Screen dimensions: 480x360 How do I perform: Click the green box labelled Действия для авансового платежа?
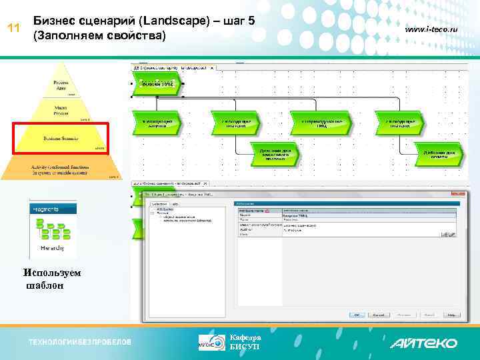tap(275, 155)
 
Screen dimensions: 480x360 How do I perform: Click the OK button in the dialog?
tap(358, 315)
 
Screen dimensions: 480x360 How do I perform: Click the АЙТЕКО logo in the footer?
tap(424, 343)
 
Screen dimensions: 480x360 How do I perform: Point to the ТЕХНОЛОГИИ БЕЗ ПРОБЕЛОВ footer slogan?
tap(79, 343)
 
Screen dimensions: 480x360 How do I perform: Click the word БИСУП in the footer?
tap(241, 347)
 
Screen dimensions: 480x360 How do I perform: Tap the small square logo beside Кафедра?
tap(212, 342)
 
